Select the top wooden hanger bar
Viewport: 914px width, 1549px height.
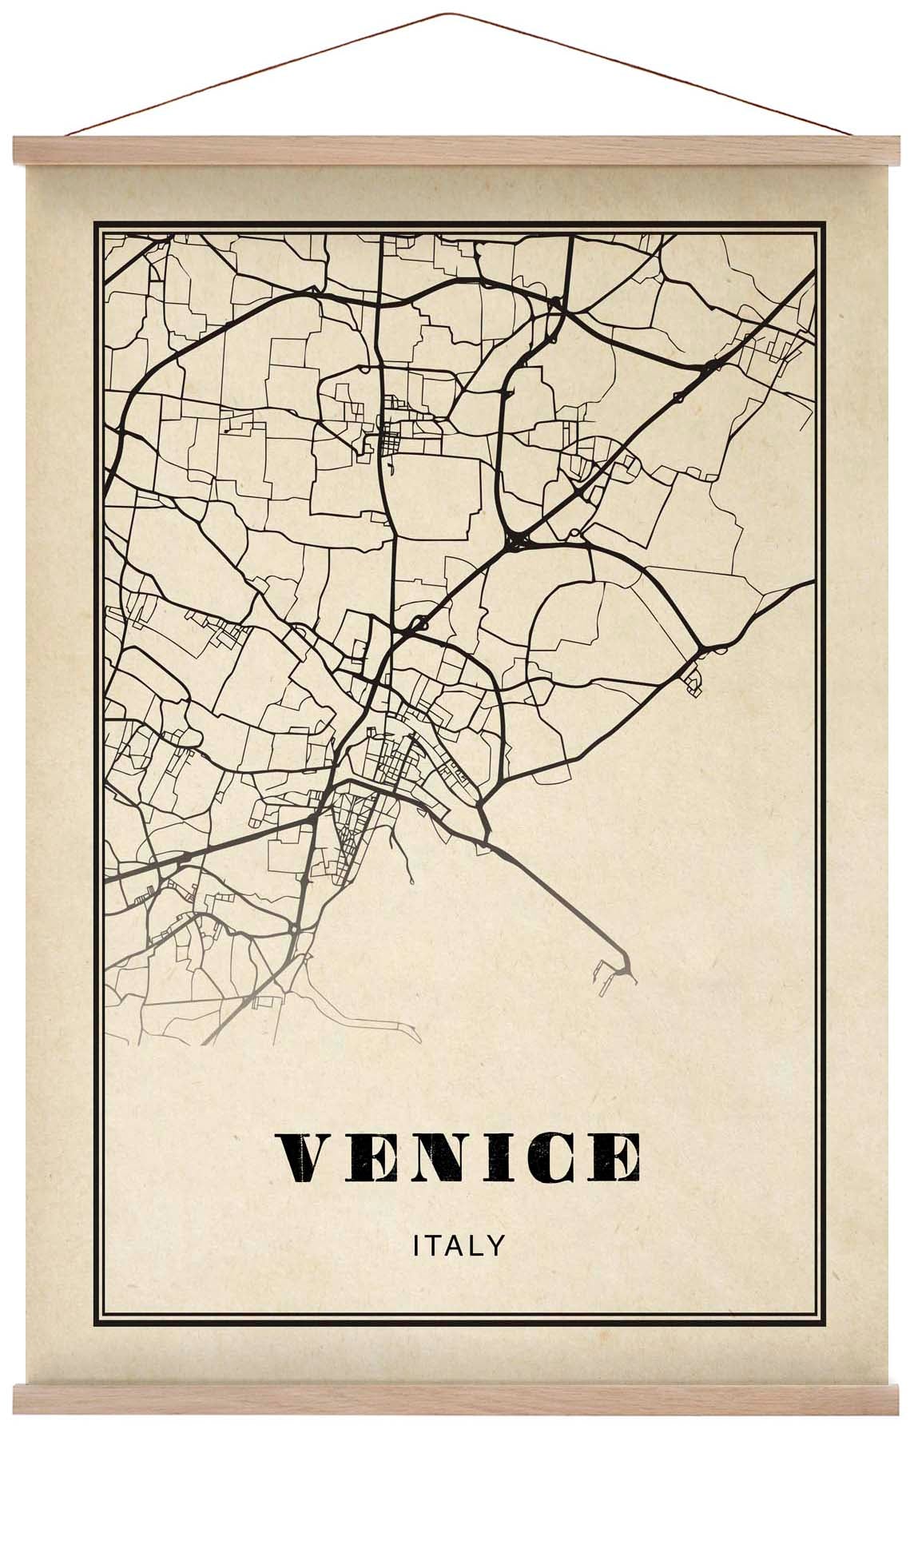click(x=457, y=150)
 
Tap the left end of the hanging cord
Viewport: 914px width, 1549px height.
click(x=69, y=135)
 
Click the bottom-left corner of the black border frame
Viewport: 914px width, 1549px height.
click(x=96, y=1341)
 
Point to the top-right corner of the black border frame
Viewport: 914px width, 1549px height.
click(x=822, y=223)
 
